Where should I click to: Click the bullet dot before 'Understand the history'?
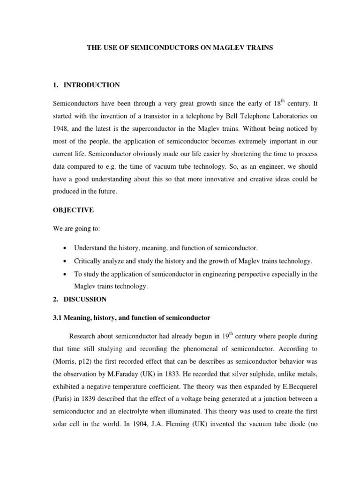(x=63, y=248)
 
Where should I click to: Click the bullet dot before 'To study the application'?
(x=63, y=274)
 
